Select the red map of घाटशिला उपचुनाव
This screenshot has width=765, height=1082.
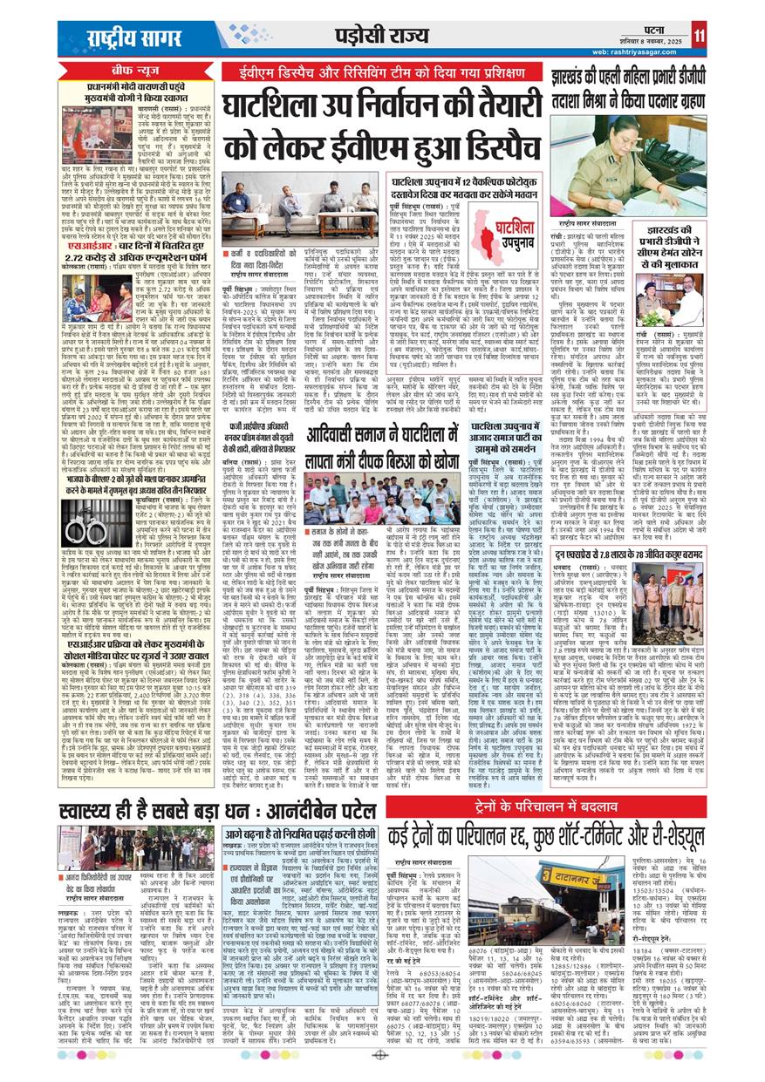tap(496, 235)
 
